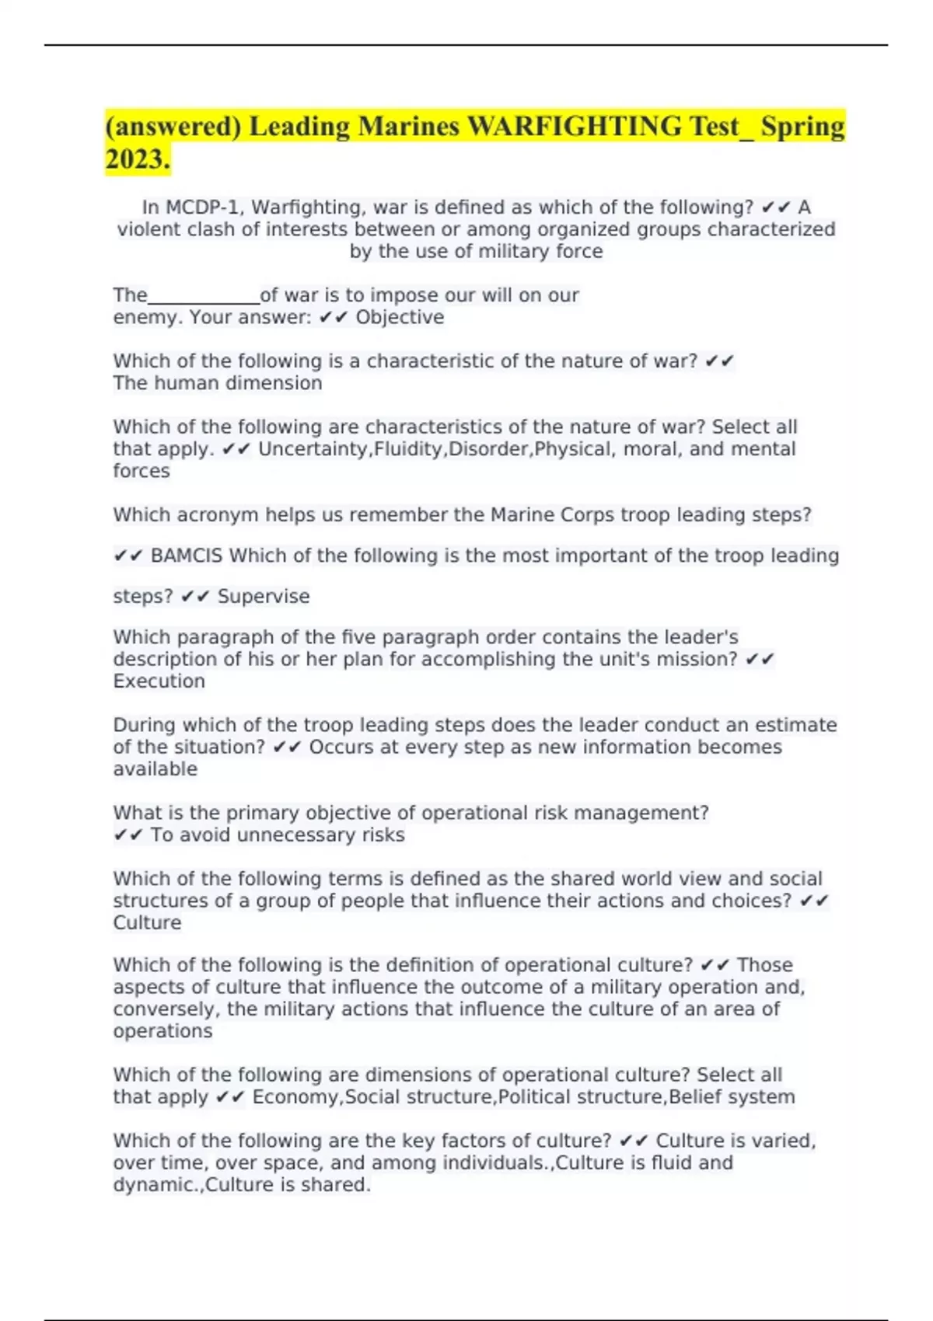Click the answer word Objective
pos(400,317)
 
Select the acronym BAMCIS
pos(186,556)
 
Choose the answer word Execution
pos(159,681)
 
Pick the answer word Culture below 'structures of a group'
pos(147,922)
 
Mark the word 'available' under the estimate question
pos(155,769)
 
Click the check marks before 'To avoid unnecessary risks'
pos(128,835)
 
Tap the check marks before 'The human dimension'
pos(719,361)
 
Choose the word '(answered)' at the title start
pos(173,126)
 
